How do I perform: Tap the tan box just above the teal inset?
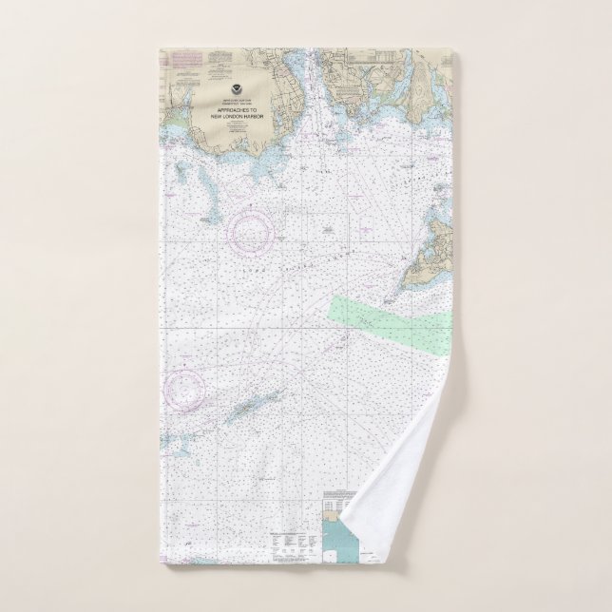[339, 519]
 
